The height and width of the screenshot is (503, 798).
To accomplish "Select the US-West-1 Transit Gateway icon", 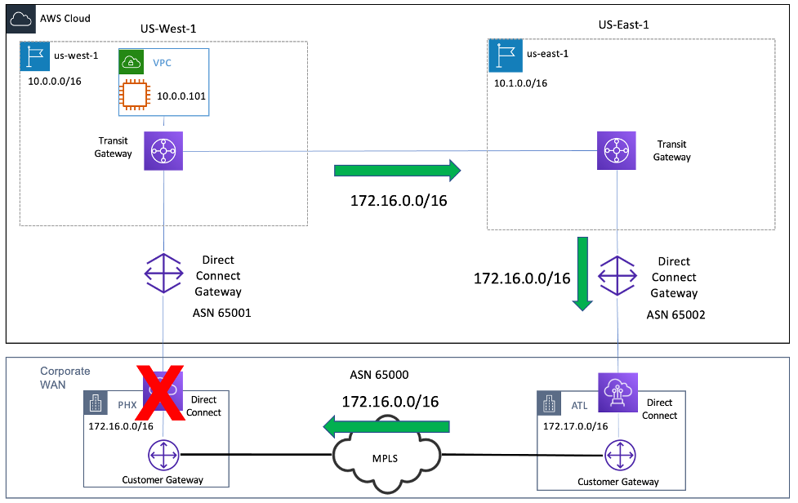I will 164,151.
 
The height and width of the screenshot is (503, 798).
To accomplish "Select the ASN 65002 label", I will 675,314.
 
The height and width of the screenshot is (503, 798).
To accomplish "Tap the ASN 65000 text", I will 379,376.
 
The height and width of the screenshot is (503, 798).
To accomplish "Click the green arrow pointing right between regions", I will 398,171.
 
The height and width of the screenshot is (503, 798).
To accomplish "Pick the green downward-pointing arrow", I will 582,274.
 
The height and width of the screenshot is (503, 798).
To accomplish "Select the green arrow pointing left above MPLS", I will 387,426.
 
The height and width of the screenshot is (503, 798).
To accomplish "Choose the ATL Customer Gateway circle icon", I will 617,456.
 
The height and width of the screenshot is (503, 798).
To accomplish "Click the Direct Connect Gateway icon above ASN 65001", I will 164,273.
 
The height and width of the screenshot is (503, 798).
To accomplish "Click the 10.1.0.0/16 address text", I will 520,83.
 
